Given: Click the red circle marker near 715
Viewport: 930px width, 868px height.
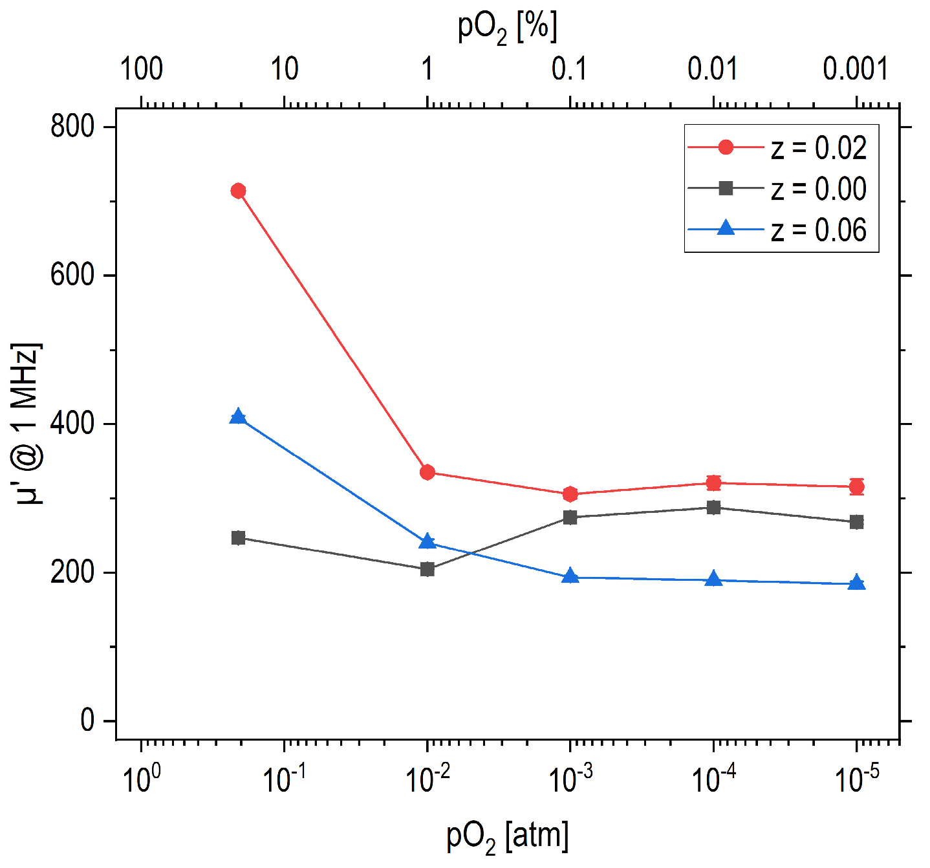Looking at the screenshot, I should coord(238,191).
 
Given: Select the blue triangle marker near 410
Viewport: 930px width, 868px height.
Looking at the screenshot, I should coord(238,417).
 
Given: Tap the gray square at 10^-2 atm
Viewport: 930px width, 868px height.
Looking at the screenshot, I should coord(427,569).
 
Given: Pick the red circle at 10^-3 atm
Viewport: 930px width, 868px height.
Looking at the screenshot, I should coord(570,494).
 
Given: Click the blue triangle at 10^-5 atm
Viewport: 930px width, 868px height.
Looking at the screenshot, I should coord(856,583).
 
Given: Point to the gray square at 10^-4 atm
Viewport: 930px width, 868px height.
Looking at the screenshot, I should coord(713,508).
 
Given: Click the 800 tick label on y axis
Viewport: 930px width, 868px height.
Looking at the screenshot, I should coord(72,127).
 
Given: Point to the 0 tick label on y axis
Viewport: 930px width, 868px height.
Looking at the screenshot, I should coord(88,721).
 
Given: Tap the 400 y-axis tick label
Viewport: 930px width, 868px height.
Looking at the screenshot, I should coord(72,424).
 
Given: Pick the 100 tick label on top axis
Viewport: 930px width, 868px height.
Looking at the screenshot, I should coord(141,69).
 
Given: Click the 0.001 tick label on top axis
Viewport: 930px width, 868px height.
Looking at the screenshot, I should coord(856,69).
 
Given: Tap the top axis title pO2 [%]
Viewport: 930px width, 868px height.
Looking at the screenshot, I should coord(508,28).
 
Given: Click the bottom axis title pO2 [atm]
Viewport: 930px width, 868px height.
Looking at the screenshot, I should coord(508,837).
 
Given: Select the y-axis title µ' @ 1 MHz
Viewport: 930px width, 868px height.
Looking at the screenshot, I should coord(27,424).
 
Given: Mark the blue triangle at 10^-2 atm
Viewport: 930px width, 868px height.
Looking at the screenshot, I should coord(427,541).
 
